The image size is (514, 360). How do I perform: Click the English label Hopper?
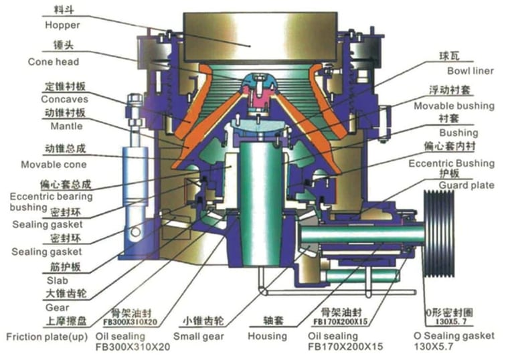tap(62, 25)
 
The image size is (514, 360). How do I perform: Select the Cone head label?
tap(54, 62)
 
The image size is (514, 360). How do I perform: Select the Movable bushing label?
tap(454, 106)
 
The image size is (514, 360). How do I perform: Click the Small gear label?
tap(199, 335)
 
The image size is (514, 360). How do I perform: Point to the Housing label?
tap(266, 335)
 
